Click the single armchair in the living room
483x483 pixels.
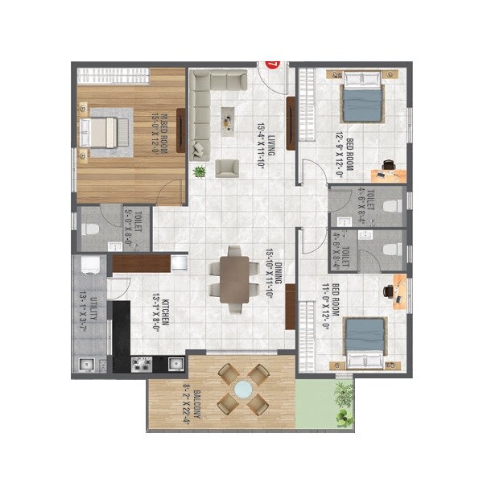tap(228, 167)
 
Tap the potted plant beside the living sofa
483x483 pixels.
tap(199, 171)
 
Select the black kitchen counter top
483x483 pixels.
tap(122, 334)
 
